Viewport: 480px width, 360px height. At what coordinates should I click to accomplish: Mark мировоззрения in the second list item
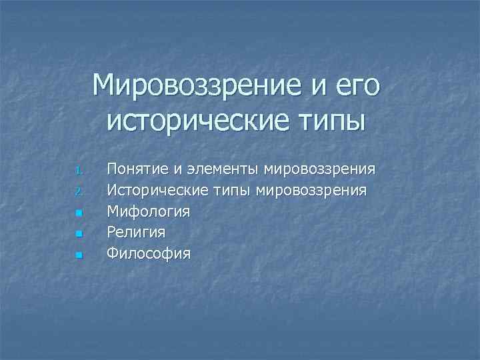(311, 191)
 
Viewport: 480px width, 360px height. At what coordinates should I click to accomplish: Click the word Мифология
(148, 212)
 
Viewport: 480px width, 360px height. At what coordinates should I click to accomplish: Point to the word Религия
(137, 233)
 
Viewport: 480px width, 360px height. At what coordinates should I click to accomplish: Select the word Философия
(149, 253)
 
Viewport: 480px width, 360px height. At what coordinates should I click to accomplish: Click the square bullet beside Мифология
(78, 213)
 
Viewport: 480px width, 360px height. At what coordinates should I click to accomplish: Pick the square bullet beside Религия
(78, 234)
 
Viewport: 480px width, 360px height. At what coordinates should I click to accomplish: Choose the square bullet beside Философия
(78, 255)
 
